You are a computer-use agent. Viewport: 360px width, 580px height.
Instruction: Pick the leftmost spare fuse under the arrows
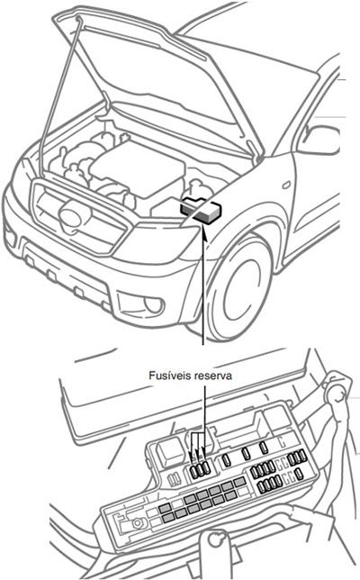pyautogui.click(x=193, y=467)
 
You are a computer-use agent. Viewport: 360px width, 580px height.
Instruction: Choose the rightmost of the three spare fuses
pyautogui.click(x=207, y=467)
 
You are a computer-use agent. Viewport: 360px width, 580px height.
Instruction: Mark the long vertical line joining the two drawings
pyautogui.click(x=206, y=297)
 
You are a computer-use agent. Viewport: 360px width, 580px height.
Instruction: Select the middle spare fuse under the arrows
pyautogui.click(x=200, y=467)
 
